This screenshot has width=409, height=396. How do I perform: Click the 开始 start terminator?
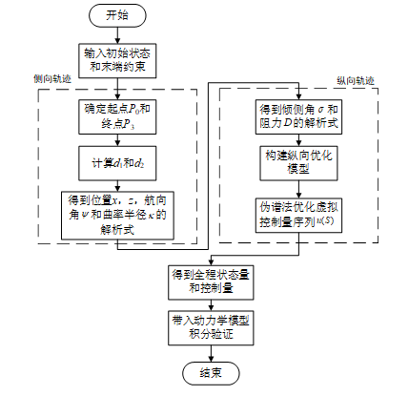[117, 15]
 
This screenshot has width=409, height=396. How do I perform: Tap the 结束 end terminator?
[211, 373]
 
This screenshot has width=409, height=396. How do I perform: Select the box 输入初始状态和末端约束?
[117, 61]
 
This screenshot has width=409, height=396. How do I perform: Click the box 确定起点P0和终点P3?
[117, 116]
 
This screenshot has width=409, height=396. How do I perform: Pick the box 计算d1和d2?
[117, 163]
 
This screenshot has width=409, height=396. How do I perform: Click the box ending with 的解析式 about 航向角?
[117, 216]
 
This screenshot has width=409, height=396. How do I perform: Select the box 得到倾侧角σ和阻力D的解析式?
[298, 116]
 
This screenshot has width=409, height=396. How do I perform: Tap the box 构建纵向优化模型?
[298, 163]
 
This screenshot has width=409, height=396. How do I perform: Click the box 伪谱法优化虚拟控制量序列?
[298, 216]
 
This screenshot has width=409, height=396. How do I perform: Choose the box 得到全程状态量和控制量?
[211, 282]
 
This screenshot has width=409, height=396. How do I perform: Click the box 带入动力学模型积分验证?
[211, 328]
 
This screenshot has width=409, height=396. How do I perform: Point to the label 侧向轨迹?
[52, 79]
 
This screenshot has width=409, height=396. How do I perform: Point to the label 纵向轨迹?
[356, 81]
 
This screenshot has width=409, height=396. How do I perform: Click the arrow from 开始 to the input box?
[117, 35]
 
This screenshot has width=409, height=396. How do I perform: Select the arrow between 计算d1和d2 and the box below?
[117, 186]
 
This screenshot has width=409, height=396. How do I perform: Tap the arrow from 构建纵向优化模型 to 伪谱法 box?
[298, 190]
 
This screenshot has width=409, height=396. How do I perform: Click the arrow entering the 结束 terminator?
[211, 353]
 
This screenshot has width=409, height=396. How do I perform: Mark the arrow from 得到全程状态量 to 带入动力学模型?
[211, 305]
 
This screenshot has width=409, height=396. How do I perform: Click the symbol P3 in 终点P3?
[129, 124]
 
